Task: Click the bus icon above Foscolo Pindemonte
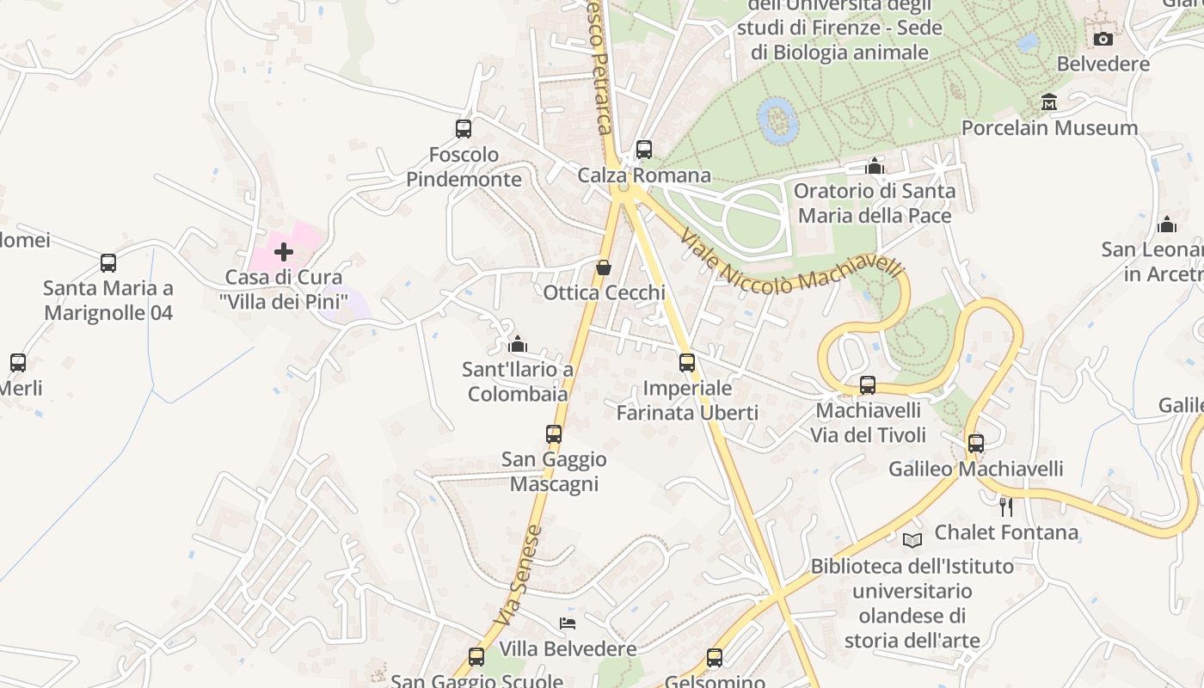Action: point(464,129)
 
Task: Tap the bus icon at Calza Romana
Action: point(644,150)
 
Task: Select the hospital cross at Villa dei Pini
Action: point(283,252)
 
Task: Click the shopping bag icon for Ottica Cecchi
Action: point(604,267)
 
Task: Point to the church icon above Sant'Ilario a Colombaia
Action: point(518,344)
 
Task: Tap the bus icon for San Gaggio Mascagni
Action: point(554,434)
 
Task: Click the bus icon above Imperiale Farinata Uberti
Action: point(686,363)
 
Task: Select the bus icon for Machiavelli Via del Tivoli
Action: point(868,385)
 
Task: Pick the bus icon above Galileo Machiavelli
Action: point(975,444)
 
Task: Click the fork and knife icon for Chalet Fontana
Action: point(1005,507)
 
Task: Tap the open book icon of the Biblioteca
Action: point(912,540)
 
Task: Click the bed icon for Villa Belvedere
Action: point(568,623)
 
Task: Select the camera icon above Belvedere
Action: point(1103,39)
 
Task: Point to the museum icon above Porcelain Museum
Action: point(1048,102)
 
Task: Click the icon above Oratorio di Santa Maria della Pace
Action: point(875,165)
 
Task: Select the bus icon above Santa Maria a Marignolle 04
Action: point(108,263)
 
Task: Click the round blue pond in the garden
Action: point(778,120)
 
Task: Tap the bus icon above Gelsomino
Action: point(714,658)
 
